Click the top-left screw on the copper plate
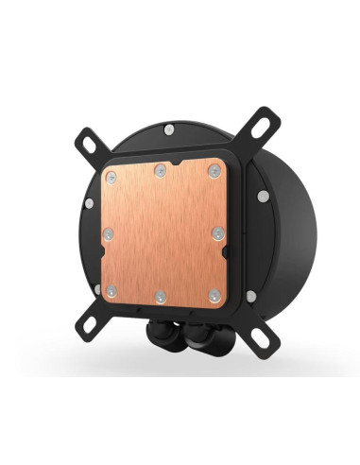click(x=111, y=179)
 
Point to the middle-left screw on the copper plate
click(x=109, y=233)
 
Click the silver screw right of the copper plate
click(x=262, y=197)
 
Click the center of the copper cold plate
click(x=163, y=233)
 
